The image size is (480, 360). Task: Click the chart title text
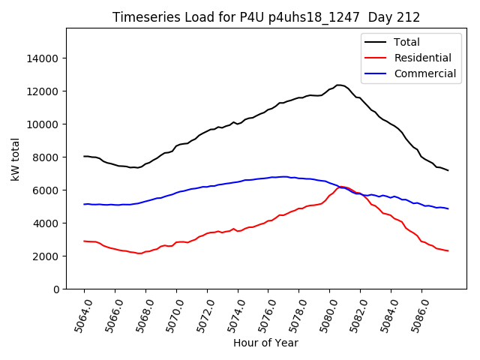tap(266, 17)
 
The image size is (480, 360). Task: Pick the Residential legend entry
tap(422, 58)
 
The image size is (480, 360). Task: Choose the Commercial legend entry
tap(424, 73)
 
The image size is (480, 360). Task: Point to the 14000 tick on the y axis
tap(43, 58)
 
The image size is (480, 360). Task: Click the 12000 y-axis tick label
tap(43, 91)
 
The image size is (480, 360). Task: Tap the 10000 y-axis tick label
tap(43, 124)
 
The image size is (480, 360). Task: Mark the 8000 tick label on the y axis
tap(46, 157)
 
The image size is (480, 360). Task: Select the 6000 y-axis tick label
tap(46, 190)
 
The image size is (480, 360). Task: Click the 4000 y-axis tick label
tap(46, 223)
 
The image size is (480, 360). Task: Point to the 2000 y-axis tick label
tap(46, 256)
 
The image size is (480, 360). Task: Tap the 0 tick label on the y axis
tap(55, 289)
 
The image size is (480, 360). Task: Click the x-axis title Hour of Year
tap(265, 343)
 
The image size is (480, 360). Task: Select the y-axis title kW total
tap(15, 159)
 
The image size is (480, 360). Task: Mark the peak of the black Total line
tap(339, 85)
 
